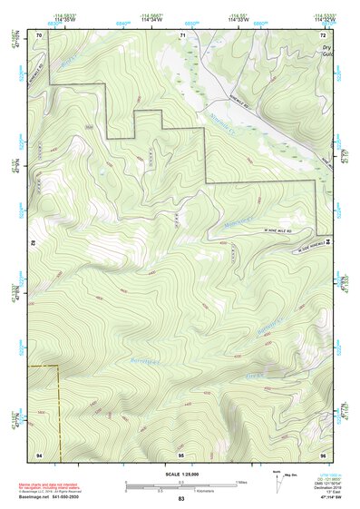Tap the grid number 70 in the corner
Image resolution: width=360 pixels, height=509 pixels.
pyautogui.click(x=39, y=34)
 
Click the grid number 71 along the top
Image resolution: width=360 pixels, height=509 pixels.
pyautogui.click(x=182, y=34)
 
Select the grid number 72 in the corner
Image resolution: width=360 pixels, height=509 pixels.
pyautogui.click(x=322, y=34)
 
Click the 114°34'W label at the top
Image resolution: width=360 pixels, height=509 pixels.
pyautogui.click(x=152, y=19)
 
